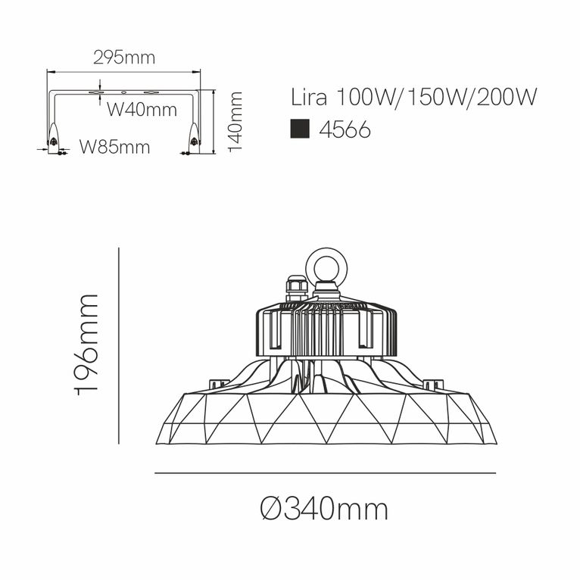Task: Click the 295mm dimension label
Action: tap(123, 58)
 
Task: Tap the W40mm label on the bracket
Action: tap(142, 110)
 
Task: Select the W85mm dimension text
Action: tap(115, 147)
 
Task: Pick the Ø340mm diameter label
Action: tap(323, 509)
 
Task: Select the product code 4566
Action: tap(345, 130)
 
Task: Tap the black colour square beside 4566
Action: tap(301, 129)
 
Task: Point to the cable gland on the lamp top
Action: tap(297, 288)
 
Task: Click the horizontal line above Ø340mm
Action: tap(325, 473)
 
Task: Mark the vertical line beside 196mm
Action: tap(120, 345)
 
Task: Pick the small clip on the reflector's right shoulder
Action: tap(431, 384)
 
